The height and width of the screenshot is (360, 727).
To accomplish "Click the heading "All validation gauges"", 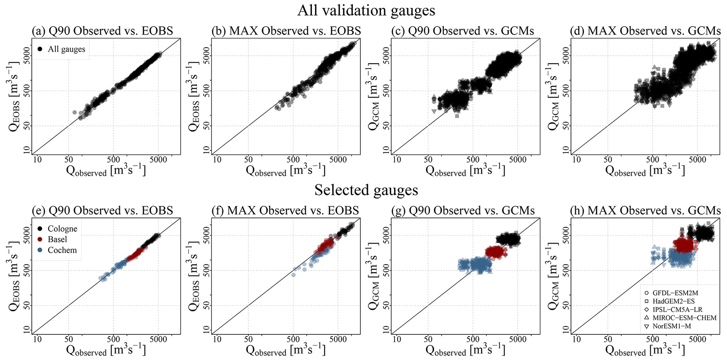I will point(366,10).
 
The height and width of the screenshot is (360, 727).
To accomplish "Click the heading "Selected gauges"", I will point(366,190).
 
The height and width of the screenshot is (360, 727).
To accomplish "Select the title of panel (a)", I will point(102,31).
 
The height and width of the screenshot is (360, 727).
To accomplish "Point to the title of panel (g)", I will point(463,211).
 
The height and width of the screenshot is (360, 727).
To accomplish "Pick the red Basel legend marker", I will point(40,239).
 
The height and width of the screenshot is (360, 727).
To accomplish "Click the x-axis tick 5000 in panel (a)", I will point(158,160).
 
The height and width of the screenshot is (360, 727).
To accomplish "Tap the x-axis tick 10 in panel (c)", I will point(397,160).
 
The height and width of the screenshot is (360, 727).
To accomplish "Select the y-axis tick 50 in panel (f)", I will point(206,305).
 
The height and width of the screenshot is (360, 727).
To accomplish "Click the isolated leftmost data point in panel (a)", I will point(75,112).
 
